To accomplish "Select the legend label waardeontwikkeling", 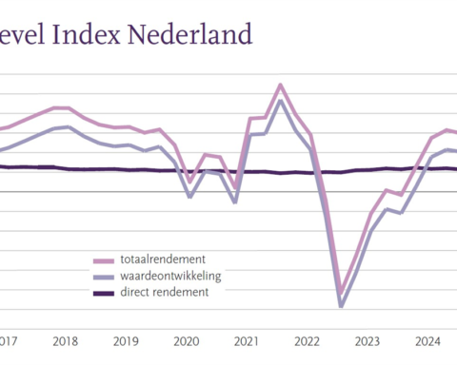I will click(x=170, y=276).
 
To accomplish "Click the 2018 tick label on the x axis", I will click(x=65, y=341).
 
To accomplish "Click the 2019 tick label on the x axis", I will click(x=126, y=341).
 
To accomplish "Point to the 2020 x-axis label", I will click(x=187, y=341).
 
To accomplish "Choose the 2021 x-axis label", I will click(x=247, y=341).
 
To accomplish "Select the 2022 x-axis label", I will click(x=308, y=341).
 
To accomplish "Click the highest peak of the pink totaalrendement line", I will click(x=281, y=85).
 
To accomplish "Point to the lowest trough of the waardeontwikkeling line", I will click(x=341, y=306).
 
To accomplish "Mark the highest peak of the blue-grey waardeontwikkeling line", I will click(x=281, y=101).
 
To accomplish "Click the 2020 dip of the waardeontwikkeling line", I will click(x=190, y=197).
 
